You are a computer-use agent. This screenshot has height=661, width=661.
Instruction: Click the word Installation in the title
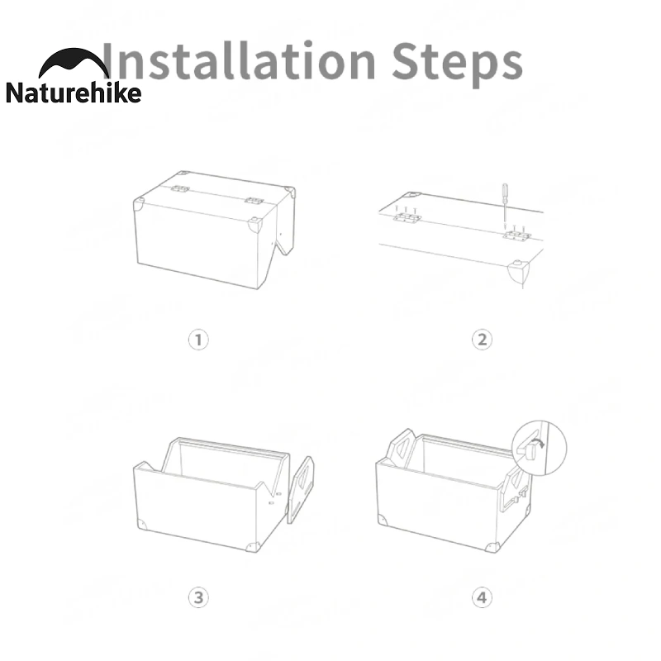pos(239,60)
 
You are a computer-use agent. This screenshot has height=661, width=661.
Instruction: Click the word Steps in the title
pos(458,64)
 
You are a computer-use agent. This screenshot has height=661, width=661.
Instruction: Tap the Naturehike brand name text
pos(74,93)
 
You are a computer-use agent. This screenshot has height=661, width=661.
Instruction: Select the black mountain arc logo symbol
pos(74,63)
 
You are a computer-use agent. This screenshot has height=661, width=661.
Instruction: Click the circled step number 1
pos(198,340)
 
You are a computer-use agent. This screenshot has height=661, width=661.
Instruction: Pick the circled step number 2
pos(482,340)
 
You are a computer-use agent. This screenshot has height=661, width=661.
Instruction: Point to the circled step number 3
pos(198,597)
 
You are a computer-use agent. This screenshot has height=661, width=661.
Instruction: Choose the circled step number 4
pos(482,597)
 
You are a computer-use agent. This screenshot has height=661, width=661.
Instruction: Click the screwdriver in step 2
pos(505,206)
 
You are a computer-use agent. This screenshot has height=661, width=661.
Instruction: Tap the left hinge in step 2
pos(407,217)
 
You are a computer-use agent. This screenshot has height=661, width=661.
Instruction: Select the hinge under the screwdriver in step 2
pos(517,235)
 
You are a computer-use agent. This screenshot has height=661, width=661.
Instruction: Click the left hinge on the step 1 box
pos(180,189)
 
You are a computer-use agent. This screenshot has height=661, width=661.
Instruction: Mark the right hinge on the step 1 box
pos(254,201)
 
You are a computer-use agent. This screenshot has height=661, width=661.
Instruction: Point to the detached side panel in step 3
pos(300,490)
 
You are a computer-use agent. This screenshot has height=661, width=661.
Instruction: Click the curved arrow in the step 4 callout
pos(538,443)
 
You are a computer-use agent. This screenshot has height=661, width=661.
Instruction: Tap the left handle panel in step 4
pos(402,448)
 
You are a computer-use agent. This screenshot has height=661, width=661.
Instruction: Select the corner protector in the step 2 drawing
pos(518,272)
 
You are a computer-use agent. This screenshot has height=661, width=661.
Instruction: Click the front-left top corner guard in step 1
pos(138,205)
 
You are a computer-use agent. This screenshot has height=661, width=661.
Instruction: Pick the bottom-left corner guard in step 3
pos(141,525)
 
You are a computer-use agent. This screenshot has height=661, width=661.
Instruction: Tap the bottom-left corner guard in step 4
pos(382,520)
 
